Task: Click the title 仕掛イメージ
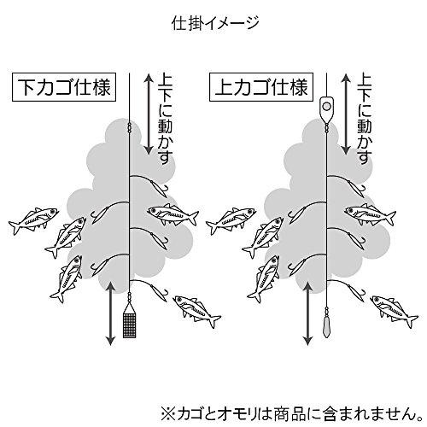click(x=215, y=23)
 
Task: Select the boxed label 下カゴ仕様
click(x=64, y=87)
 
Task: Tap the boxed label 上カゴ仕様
click(x=261, y=87)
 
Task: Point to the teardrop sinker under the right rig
click(x=326, y=326)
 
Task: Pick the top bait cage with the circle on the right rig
click(x=326, y=109)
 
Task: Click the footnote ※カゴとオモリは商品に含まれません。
click(x=291, y=414)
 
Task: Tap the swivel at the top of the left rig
click(x=129, y=127)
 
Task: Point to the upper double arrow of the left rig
click(x=149, y=114)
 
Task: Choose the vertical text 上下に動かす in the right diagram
click(x=365, y=119)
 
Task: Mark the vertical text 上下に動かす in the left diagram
click(x=166, y=119)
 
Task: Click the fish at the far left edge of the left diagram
click(x=33, y=219)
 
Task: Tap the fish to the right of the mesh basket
click(x=197, y=311)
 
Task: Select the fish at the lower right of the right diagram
click(x=394, y=311)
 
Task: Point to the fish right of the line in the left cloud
click(x=173, y=214)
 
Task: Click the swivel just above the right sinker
click(x=326, y=310)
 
